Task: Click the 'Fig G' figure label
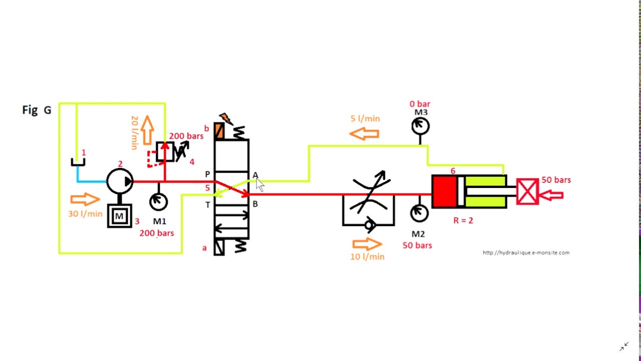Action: point(37,110)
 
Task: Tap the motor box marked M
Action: point(120,216)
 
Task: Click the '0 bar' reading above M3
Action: point(420,104)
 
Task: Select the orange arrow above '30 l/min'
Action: point(85,199)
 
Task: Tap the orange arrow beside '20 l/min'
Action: point(147,130)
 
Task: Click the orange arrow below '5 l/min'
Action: point(364,134)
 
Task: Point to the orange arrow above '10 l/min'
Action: point(367,244)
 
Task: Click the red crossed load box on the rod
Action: point(528,192)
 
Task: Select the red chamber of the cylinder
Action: point(444,192)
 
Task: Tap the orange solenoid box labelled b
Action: point(219,131)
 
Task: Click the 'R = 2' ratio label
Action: point(463,220)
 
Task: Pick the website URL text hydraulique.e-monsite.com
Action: point(526,253)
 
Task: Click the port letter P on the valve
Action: point(207,174)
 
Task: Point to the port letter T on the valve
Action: point(208,205)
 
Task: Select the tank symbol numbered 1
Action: point(78,162)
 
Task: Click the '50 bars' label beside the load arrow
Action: point(556,180)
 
